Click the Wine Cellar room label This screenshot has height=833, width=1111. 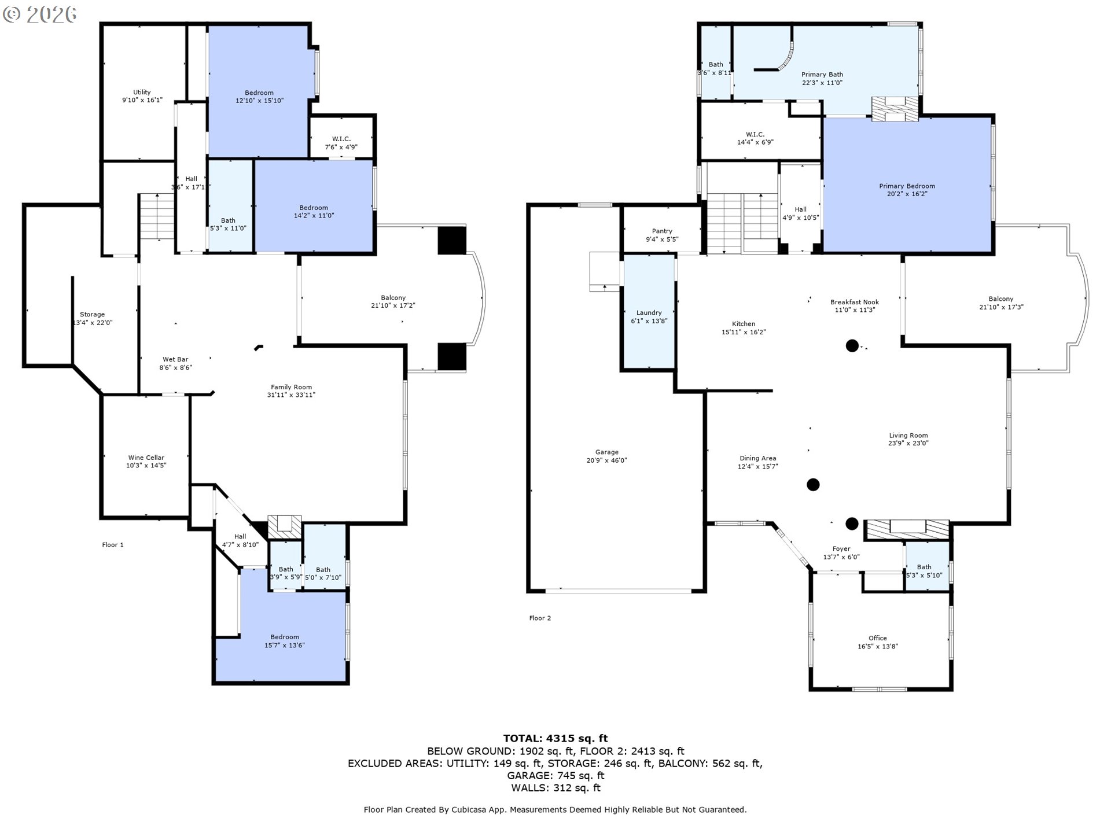(x=146, y=458)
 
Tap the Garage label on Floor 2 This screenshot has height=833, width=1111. (x=606, y=452)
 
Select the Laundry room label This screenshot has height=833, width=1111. (x=649, y=312)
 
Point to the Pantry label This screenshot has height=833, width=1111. (x=662, y=231)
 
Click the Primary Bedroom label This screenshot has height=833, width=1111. (x=907, y=186)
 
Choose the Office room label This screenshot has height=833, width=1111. (x=877, y=638)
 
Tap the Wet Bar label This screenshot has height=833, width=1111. (x=175, y=359)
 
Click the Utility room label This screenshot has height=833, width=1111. (x=142, y=92)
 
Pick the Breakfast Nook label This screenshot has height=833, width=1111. (x=854, y=302)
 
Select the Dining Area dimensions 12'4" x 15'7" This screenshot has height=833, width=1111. (x=757, y=466)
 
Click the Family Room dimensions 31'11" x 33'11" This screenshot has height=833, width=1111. (x=291, y=395)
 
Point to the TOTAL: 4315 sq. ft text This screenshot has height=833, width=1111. (x=555, y=738)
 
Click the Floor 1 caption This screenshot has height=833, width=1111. (x=113, y=545)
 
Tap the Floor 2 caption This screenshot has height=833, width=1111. (x=540, y=618)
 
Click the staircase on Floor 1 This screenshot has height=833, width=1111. (x=157, y=216)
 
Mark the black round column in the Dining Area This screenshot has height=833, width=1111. (x=813, y=485)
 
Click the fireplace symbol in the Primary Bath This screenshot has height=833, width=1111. (x=895, y=109)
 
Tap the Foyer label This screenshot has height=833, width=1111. (x=841, y=549)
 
